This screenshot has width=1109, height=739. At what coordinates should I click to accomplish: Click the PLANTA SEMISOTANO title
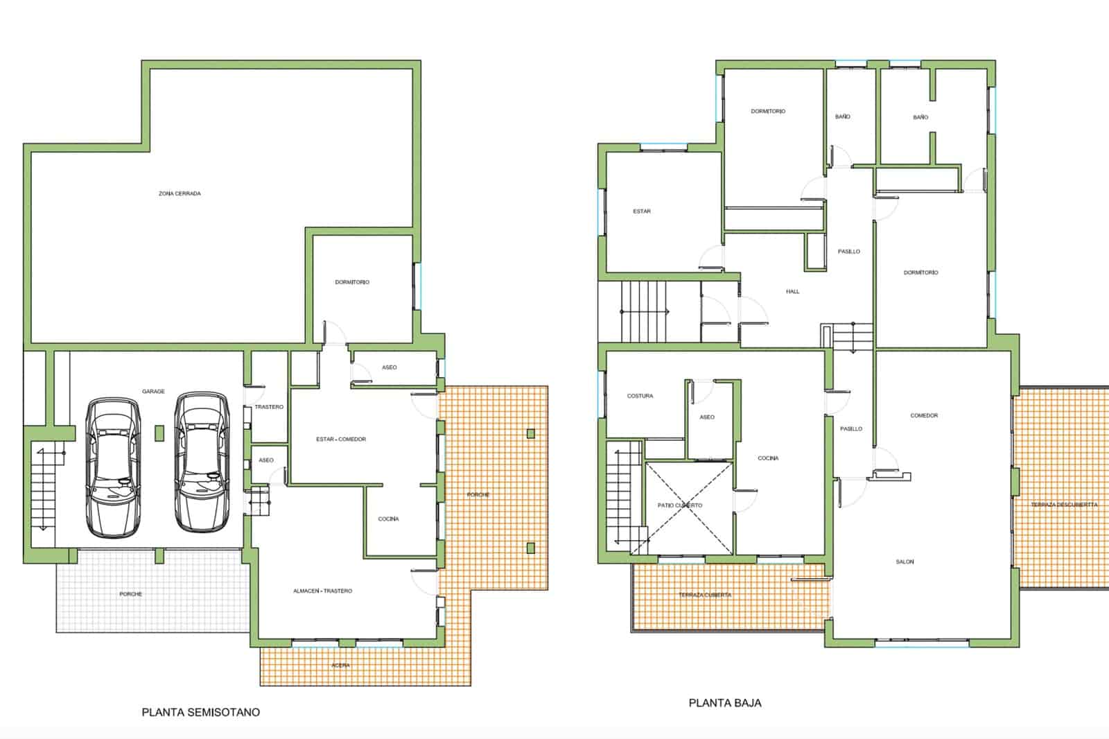click(x=200, y=712)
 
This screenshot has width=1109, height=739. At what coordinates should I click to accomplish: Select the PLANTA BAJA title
click(x=725, y=703)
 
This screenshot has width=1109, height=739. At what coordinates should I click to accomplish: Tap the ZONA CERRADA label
click(x=180, y=193)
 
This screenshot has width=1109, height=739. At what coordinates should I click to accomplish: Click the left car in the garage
click(x=113, y=467)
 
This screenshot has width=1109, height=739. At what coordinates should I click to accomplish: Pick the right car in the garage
click(x=202, y=462)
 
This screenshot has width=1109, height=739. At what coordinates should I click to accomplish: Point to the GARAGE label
click(x=153, y=391)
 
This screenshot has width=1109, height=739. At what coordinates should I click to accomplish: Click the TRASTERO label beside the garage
click(x=270, y=407)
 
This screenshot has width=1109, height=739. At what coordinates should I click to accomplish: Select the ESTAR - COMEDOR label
click(x=341, y=440)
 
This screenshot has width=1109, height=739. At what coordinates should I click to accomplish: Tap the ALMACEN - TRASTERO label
click(x=323, y=591)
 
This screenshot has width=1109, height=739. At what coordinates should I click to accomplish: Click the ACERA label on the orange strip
click(x=340, y=666)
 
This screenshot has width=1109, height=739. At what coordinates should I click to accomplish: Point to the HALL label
click(x=793, y=292)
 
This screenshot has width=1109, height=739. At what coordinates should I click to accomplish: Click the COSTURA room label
click(x=640, y=397)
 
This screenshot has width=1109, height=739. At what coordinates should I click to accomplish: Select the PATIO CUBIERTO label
click(x=680, y=505)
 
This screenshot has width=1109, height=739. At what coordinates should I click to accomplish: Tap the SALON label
click(x=905, y=562)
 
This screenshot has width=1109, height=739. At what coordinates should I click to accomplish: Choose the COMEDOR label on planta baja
click(x=925, y=415)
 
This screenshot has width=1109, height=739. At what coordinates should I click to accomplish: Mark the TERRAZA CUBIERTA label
click(x=705, y=595)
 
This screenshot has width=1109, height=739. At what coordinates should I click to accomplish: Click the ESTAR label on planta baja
click(x=642, y=211)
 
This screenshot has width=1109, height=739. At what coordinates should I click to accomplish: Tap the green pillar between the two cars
click(x=159, y=433)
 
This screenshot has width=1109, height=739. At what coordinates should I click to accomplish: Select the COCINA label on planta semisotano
click(x=389, y=519)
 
